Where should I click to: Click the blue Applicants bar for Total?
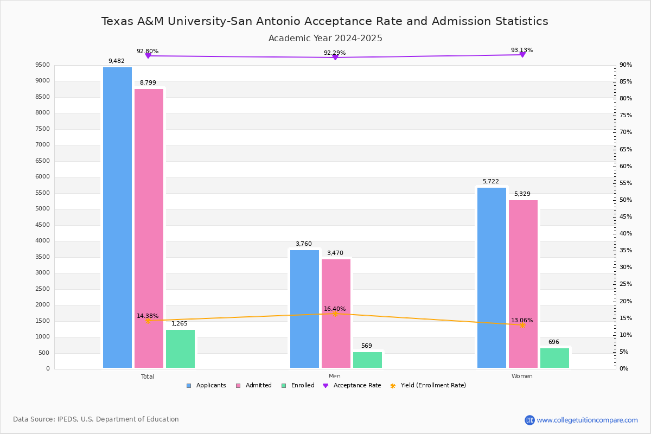[x=117, y=217]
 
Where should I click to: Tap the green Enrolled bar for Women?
[x=554, y=358]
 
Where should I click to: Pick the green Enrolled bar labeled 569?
[x=367, y=360]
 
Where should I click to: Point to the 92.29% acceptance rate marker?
[x=335, y=57]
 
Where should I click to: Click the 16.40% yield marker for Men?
[x=335, y=314]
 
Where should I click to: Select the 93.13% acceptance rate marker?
[x=522, y=54]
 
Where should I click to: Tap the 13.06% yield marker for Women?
[x=522, y=325]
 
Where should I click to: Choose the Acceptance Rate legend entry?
[x=352, y=386]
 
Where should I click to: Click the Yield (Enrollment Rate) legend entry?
[x=428, y=386]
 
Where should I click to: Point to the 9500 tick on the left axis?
[x=43, y=65]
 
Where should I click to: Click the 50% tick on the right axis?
[x=626, y=200]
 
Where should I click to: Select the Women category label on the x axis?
[x=522, y=376]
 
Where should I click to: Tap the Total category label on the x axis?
[x=148, y=376]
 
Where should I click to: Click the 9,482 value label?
[x=117, y=61]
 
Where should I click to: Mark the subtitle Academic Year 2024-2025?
[x=325, y=39]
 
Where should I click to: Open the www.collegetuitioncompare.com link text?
[x=587, y=420]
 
